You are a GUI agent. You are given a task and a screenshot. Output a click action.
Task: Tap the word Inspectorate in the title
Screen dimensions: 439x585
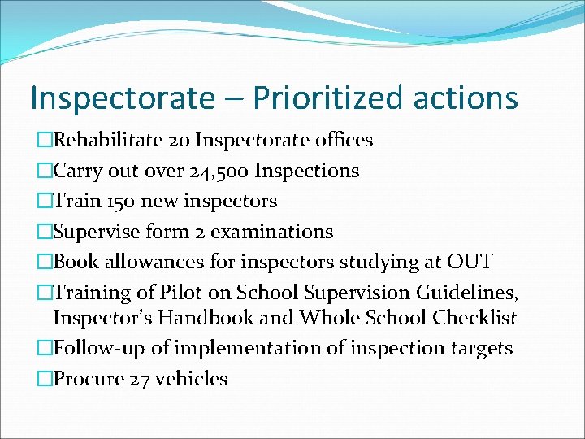[x=119, y=98]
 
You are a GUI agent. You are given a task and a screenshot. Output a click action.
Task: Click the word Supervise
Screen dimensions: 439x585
[x=96, y=232]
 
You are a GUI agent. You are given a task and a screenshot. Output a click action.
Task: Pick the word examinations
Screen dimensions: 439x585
[x=272, y=232]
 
